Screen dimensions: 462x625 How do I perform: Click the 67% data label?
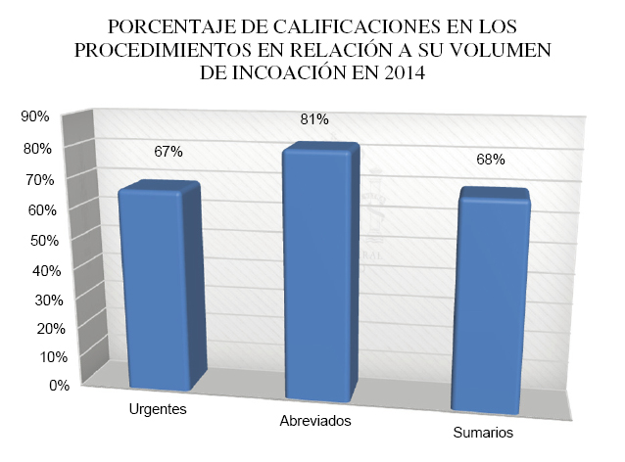click(168, 152)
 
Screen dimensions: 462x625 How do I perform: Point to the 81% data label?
click(315, 119)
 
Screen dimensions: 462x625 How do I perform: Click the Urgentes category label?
click(158, 408)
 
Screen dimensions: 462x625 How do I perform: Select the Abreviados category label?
click(314, 421)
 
